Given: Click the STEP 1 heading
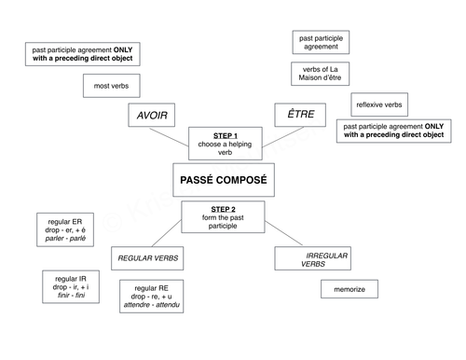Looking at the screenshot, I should pyautogui.click(x=225, y=135).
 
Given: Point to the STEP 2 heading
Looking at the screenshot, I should pyautogui.click(x=224, y=209).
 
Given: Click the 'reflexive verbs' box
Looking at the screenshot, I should pyautogui.click(x=379, y=105).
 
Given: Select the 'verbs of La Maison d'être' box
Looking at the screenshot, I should pyautogui.click(x=319, y=75).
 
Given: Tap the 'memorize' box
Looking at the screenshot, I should pyautogui.click(x=349, y=290).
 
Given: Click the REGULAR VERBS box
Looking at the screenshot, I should pyautogui.click(x=148, y=256).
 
